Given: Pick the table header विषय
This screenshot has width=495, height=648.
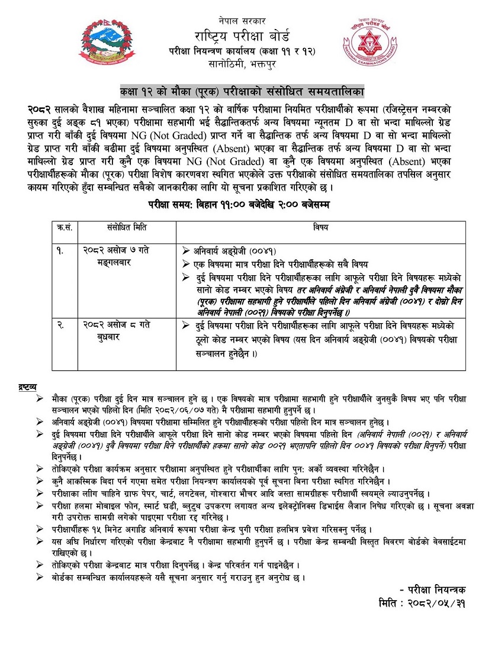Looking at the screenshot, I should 322,227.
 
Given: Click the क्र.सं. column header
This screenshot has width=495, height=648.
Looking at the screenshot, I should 63,227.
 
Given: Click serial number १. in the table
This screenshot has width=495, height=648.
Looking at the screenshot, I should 60,250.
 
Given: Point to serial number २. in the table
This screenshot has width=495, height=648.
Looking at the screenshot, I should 60,324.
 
